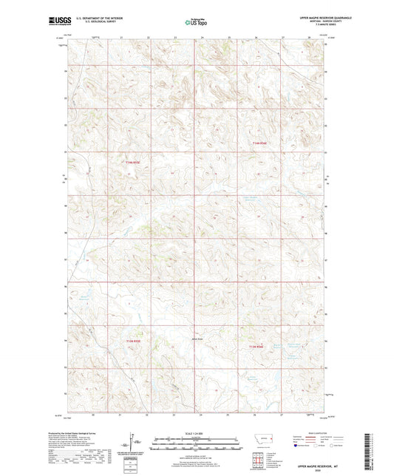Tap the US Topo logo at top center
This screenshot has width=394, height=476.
point(196,22)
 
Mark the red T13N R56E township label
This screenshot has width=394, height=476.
point(257,347)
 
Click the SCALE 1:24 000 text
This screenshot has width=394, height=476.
point(197,433)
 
